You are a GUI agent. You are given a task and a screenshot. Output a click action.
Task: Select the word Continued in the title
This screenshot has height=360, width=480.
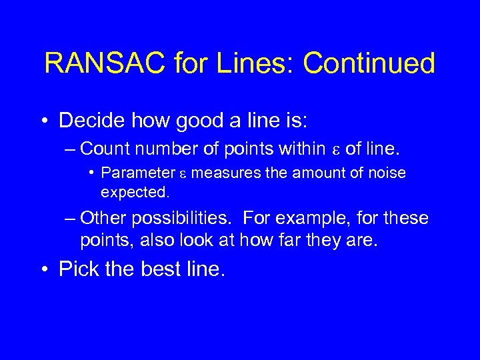coord(369,64)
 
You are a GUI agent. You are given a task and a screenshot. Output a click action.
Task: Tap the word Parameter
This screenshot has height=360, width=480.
coord(137,173)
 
